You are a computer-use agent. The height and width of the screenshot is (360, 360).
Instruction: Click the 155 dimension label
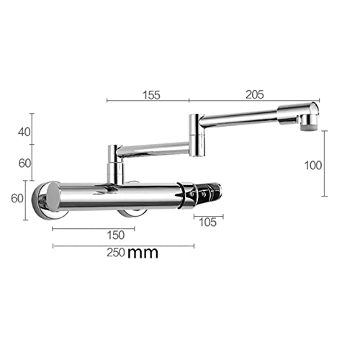[151, 95]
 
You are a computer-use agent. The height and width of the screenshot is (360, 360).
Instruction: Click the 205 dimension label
[255, 94]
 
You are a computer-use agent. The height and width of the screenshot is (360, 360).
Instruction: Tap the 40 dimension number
[24, 132]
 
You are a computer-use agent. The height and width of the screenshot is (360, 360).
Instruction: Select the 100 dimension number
[313, 166]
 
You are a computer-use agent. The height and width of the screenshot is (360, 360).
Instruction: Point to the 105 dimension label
[208, 222]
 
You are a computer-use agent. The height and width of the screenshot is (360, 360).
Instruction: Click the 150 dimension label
[116, 235]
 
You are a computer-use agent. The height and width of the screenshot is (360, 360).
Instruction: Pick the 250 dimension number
[116, 253]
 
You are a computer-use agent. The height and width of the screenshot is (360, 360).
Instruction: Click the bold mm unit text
[143, 253]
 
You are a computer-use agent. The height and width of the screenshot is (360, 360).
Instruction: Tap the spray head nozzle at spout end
[309, 123]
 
